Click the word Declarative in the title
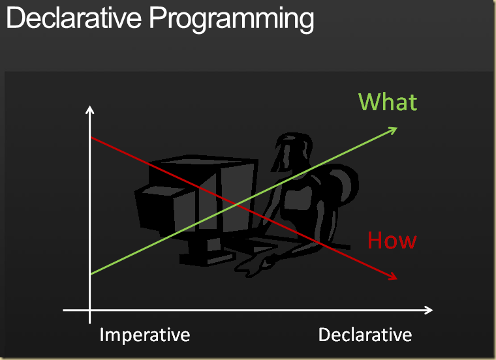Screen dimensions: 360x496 74,19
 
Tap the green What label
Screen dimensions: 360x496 388,102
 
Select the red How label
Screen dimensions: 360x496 392,241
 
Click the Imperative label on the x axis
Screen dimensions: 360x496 145,335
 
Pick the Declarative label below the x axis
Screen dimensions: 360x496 365,335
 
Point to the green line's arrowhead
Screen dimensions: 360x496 394,129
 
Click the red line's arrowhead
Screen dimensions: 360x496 393,277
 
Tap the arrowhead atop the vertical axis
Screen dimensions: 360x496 89,109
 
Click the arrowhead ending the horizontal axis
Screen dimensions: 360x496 429,309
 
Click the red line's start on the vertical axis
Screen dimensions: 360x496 90,138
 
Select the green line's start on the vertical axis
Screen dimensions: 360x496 90,275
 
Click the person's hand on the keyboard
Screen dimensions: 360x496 258,264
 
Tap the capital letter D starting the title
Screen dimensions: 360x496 16,19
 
